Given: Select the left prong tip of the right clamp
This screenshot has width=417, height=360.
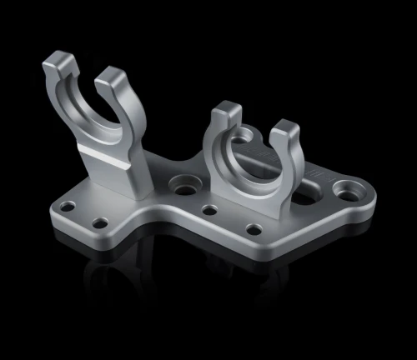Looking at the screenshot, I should (x=224, y=112).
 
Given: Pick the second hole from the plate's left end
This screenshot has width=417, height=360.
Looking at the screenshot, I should (x=100, y=222).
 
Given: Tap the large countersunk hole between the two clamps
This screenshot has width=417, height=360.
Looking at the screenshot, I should (x=181, y=182).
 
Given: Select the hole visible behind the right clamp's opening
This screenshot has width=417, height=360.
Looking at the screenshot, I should (x=244, y=133).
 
